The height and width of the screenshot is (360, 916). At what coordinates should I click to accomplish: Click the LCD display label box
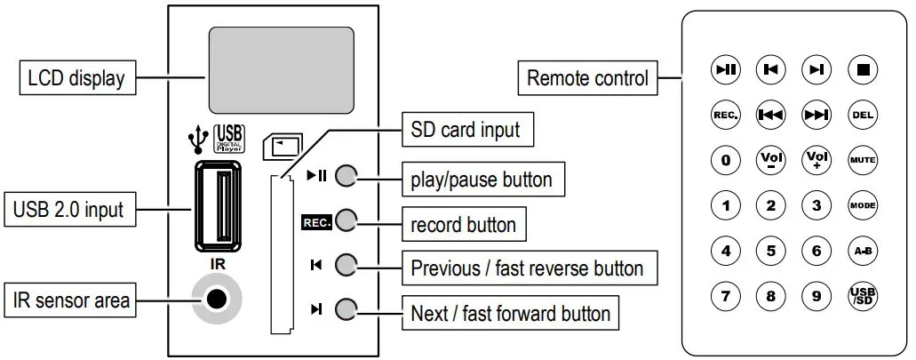72,78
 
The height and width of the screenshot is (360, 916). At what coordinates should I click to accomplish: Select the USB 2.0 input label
68,211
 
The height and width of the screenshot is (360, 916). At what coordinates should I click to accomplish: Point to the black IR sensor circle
214,300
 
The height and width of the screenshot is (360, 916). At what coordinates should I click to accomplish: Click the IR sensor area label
72,300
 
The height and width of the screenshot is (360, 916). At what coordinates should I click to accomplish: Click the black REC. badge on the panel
316,222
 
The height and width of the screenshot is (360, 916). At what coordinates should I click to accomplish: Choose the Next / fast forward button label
511,313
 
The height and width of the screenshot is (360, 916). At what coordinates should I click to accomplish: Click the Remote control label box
587,78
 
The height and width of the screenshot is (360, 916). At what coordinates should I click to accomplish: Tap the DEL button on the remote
862,115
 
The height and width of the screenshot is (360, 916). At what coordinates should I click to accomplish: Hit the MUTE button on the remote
862,161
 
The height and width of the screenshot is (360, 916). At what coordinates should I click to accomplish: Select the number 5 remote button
770,251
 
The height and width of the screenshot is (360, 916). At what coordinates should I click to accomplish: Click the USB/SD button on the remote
862,296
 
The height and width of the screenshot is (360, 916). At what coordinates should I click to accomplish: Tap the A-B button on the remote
862,251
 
